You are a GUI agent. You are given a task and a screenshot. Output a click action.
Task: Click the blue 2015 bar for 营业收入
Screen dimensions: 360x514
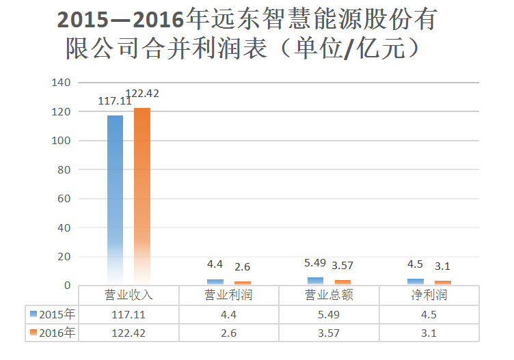115,198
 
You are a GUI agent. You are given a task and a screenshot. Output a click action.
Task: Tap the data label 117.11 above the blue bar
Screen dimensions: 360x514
115,100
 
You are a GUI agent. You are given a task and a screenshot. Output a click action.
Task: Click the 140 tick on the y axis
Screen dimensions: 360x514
62,83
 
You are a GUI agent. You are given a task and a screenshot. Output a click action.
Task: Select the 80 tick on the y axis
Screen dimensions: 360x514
64,169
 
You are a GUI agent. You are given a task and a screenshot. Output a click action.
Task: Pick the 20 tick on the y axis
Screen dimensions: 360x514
64,256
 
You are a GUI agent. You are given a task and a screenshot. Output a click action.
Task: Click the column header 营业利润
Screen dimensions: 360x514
229,295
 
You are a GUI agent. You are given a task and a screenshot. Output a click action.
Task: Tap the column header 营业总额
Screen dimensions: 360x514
329,295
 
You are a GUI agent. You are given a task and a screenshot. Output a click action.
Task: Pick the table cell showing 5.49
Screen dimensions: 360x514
329,314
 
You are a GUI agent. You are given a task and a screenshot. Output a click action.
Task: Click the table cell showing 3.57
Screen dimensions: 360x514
329,333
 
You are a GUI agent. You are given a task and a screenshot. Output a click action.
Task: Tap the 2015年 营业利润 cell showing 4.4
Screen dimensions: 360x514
229,314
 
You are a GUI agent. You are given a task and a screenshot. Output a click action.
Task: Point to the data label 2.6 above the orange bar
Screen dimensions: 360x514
243,266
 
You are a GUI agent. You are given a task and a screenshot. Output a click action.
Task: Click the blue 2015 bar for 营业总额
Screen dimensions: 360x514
315,281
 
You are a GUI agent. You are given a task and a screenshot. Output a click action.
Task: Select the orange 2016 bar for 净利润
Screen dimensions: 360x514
443,282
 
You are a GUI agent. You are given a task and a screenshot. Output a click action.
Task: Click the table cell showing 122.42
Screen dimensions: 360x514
128,333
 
